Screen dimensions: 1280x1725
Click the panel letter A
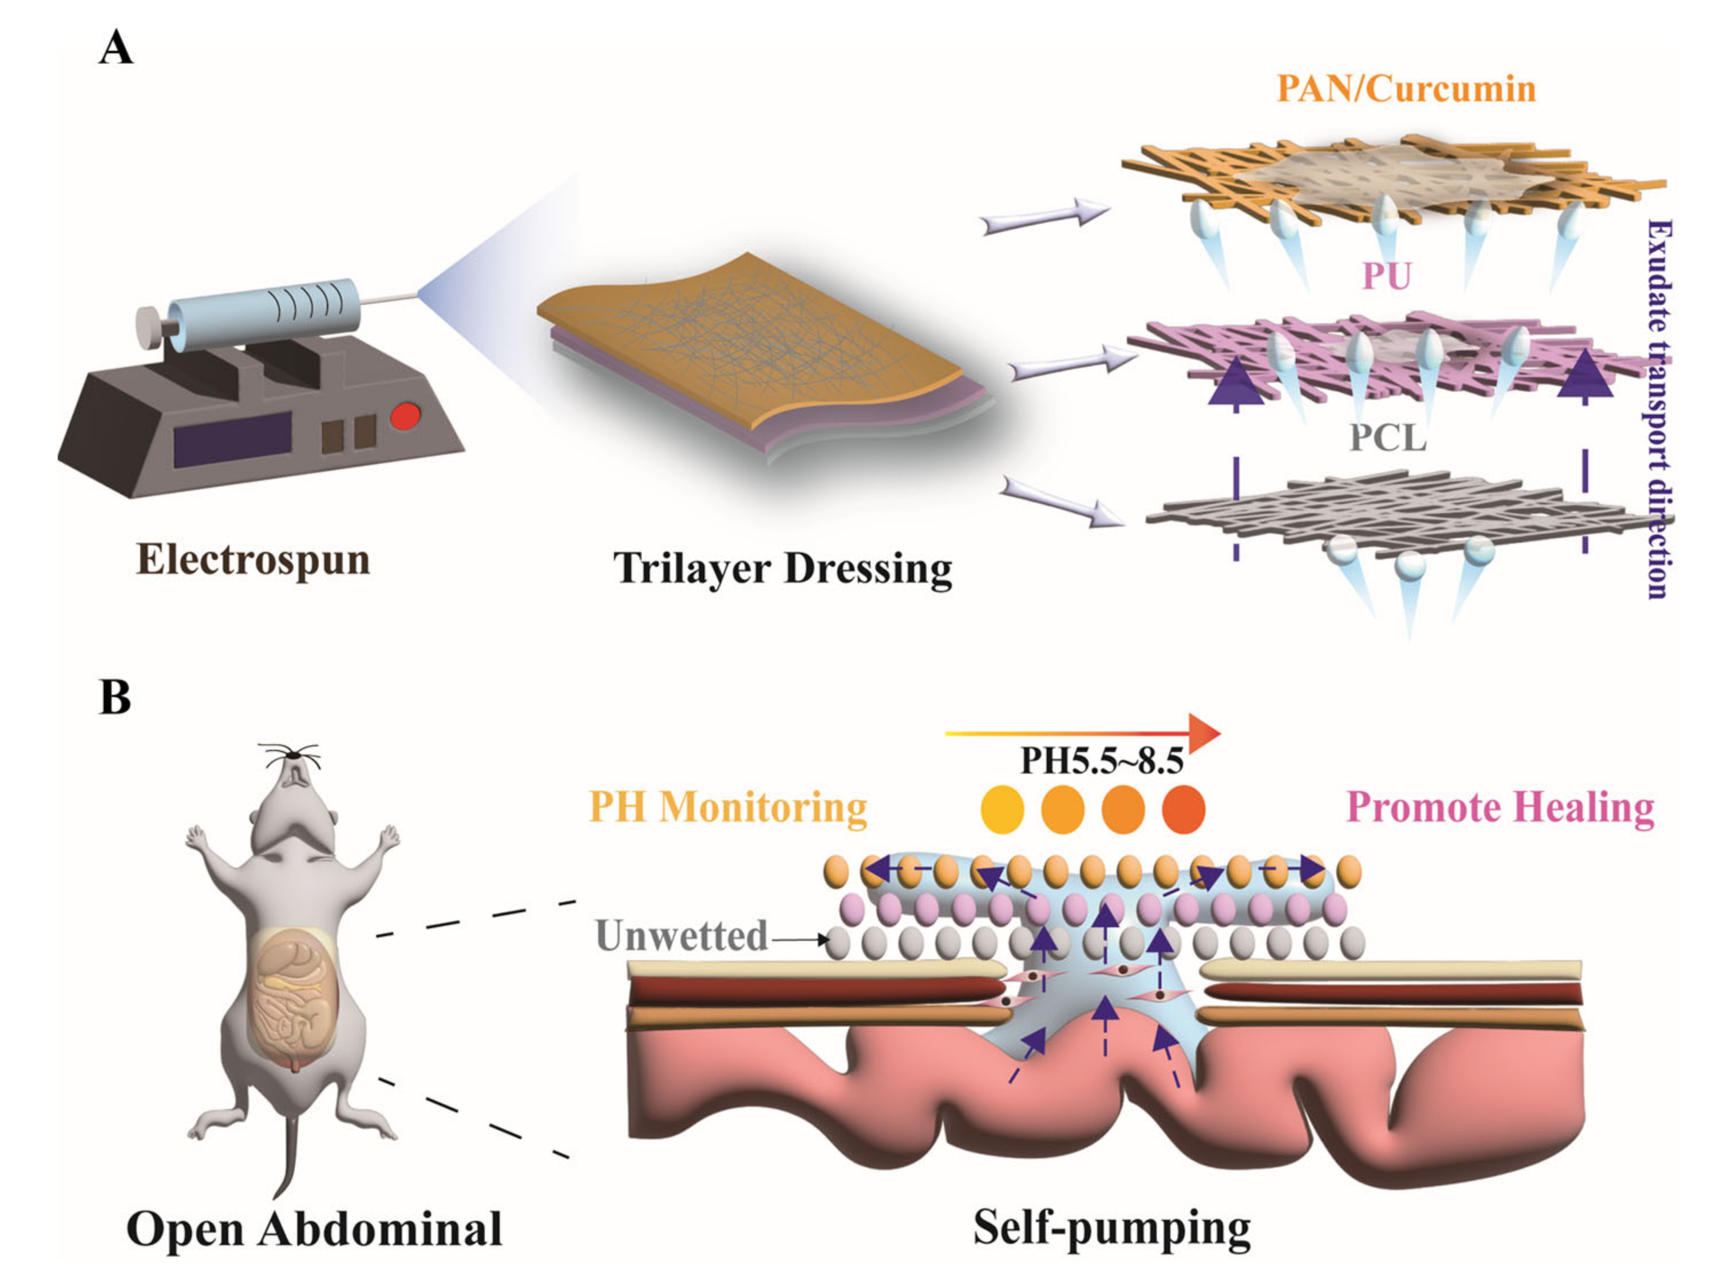tap(116, 49)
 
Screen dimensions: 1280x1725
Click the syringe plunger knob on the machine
tap(147, 323)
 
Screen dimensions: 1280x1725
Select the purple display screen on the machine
tap(232, 439)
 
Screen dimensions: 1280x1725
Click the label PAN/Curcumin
tap(1406, 88)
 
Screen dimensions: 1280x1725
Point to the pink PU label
tap(1387, 276)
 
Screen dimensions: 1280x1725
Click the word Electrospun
tap(253, 559)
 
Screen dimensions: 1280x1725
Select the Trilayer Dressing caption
tap(782, 568)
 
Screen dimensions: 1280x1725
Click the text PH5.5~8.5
tap(1102, 761)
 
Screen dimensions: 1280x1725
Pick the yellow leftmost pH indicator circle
tap(1002, 810)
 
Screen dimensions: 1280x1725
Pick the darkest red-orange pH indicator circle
tap(1184, 810)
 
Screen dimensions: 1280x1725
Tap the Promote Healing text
tap(1501, 808)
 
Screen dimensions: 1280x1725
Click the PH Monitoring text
tap(728, 808)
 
